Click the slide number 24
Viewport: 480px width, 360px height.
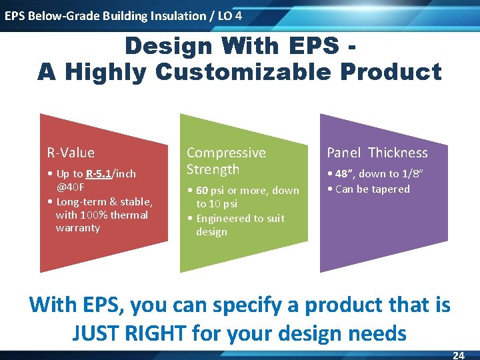pos(459,355)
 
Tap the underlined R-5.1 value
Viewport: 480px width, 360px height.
pos(99,174)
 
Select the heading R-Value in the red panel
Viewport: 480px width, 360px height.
pos(71,153)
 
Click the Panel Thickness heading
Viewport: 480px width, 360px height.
pos(377,153)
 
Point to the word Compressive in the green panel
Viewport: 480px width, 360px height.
pos(226,153)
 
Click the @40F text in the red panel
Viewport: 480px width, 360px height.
pos(71,187)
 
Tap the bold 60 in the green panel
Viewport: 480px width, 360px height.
pos(202,191)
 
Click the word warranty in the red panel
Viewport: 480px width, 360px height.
pos(78,229)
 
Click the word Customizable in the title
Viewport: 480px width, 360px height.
pos(243,72)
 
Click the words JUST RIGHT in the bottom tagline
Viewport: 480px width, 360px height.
pos(129,333)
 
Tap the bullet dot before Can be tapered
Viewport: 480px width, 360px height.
pos(330,189)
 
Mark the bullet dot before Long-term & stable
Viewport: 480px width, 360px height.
pos(50,202)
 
